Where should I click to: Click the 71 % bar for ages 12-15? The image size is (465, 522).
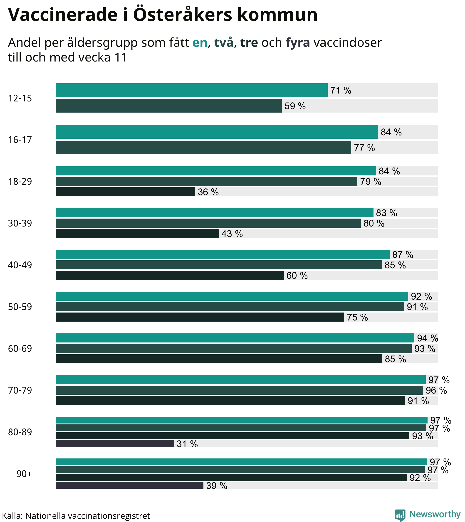[x=192, y=90]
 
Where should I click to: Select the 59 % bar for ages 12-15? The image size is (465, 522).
[x=169, y=106]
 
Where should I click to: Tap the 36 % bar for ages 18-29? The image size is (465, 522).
[x=125, y=192]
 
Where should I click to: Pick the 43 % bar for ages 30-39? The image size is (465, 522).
[x=137, y=233]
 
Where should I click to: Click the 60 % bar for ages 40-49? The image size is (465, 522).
[x=170, y=275]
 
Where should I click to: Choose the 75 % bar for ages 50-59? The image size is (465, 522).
[x=200, y=317]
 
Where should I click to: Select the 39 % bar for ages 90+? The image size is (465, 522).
[x=130, y=485]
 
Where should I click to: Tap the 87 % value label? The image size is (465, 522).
[x=403, y=255]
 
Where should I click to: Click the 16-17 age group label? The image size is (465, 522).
[x=20, y=140]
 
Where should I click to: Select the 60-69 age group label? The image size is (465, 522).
[x=20, y=348]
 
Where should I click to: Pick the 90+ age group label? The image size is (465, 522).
[x=24, y=474]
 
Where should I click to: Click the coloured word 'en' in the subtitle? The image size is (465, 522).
[x=200, y=43]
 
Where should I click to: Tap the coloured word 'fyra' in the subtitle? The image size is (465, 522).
[x=298, y=43]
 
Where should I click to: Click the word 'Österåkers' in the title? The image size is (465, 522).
[x=182, y=15]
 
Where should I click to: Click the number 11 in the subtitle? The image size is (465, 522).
[x=121, y=57]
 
